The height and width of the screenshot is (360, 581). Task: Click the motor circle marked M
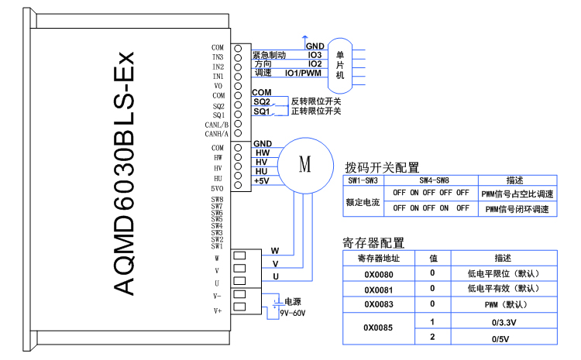pos(304,164)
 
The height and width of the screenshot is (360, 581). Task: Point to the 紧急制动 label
pos(269,55)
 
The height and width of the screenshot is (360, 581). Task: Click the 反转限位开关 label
pos(315,101)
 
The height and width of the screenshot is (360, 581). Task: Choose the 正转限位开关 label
pos(315,111)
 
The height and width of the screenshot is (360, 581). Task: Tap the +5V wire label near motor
pos(261,180)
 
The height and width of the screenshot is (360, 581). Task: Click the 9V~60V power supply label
pos(293,313)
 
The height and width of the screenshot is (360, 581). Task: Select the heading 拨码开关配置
pos(381,167)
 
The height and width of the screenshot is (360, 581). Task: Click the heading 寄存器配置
pos(373,243)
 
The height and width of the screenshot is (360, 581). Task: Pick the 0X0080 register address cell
pos(379,273)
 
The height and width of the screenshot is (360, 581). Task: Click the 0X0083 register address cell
pos(379,304)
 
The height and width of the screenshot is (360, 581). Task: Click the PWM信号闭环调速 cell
pos(517,208)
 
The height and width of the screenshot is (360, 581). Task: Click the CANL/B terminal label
pos(217,124)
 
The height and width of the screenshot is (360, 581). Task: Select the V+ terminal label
pos(218,310)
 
